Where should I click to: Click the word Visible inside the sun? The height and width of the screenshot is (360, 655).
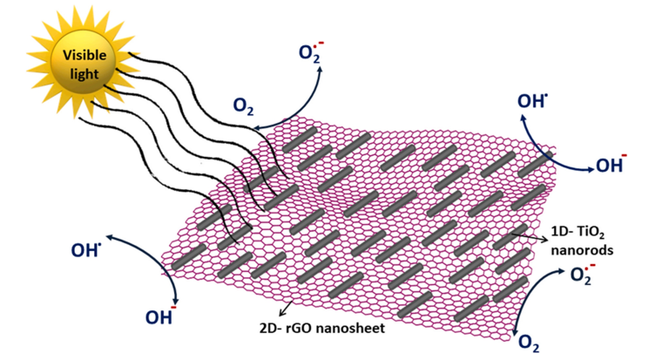pyautogui.click(x=83, y=56)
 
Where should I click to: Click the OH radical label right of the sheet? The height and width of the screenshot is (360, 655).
pyautogui.click(x=532, y=101)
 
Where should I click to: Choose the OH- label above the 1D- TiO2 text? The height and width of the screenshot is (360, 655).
pyautogui.click(x=612, y=162)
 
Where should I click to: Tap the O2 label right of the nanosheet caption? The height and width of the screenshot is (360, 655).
pyautogui.click(x=529, y=343)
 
